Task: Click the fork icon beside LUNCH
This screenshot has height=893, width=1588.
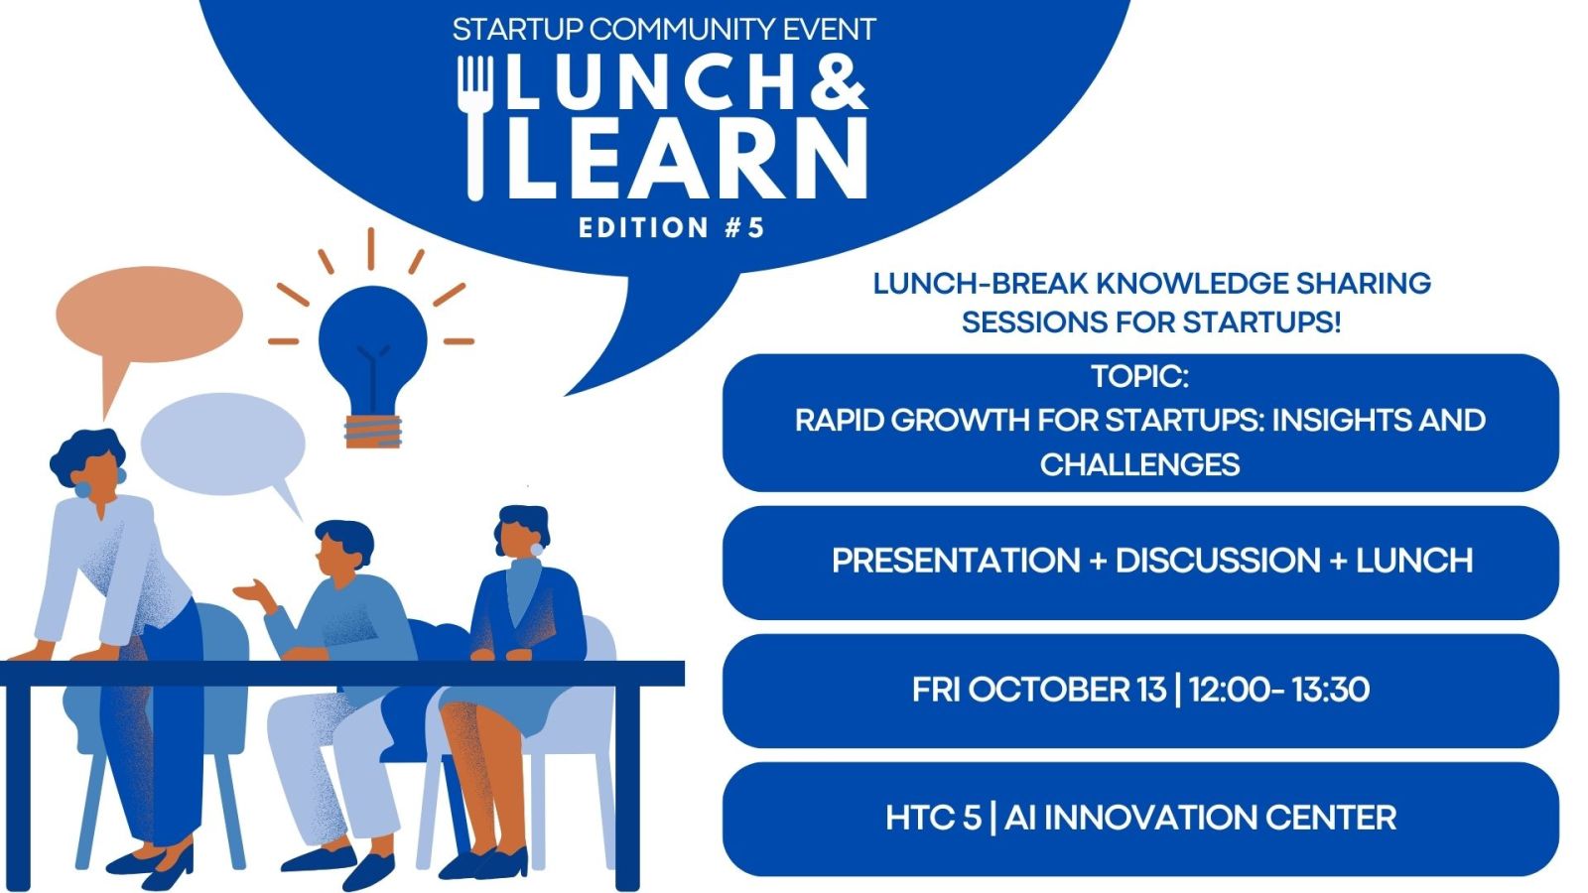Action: point(474,128)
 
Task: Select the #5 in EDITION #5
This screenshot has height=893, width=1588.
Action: point(744,228)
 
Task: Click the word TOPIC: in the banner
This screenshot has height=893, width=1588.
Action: point(1140,376)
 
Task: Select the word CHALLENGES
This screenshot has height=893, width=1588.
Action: point(1140,465)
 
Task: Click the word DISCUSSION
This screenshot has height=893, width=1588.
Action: point(1218,561)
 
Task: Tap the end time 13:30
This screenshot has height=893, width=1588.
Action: point(1331,690)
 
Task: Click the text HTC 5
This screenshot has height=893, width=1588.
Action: point(933,818)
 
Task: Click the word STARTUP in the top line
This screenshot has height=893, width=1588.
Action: point(517,30)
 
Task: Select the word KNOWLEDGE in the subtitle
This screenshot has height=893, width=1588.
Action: point(1191,284)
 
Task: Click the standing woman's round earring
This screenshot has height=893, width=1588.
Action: point(82,490)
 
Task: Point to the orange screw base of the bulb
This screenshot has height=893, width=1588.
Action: point(373,432)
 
